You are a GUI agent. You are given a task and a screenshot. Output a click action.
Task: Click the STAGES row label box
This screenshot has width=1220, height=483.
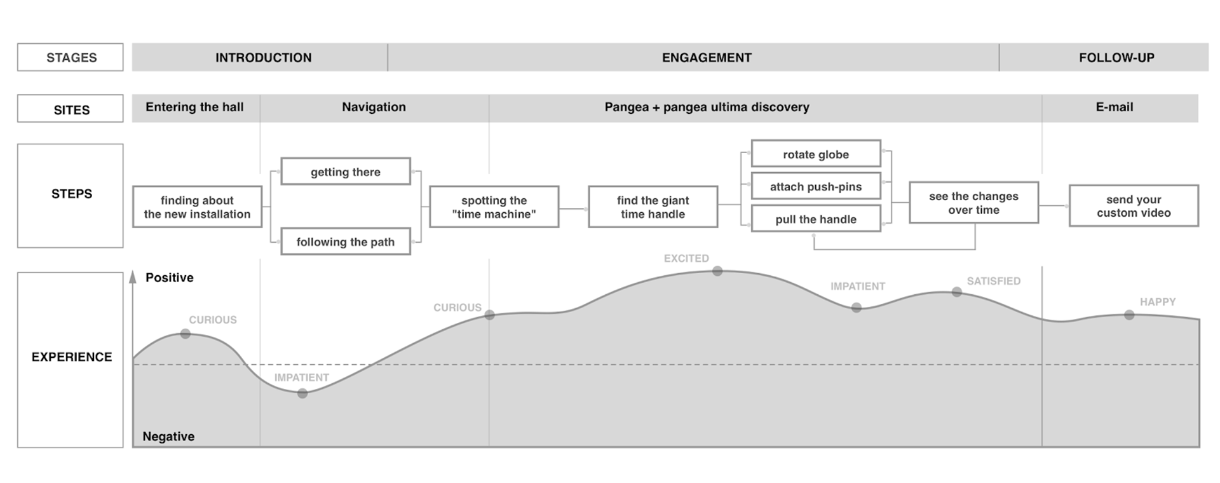[71, 57]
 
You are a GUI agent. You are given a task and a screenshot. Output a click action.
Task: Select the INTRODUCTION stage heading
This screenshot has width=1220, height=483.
[263, 57]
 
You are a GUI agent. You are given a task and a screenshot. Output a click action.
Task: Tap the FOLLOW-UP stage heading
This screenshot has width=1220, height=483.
[1116, 57]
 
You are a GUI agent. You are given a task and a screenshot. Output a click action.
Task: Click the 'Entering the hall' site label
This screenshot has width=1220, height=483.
[194, 107]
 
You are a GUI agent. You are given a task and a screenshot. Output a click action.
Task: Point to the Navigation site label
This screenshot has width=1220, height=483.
[374, 107]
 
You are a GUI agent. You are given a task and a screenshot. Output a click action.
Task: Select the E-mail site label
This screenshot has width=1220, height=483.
[1114, 107]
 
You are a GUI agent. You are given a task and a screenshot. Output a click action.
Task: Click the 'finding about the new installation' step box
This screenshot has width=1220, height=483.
[197, 207]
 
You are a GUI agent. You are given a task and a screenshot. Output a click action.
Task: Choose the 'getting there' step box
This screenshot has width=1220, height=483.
[346, 172]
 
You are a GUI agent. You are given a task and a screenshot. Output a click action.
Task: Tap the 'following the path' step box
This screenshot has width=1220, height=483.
[346, 241]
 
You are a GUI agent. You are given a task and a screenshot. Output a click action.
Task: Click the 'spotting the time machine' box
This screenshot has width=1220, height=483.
[494, 207]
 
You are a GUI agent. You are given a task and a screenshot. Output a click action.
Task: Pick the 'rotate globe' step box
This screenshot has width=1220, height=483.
[816, 154]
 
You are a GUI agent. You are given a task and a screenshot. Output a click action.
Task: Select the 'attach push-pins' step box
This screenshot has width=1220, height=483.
[816, 186]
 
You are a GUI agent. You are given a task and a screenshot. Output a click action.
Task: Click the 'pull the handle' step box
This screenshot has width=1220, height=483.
[816, 219]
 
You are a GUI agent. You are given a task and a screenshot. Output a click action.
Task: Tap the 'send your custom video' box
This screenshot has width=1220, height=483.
[1134, 206]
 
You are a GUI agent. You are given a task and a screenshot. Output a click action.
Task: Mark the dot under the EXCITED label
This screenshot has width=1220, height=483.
[717, 271]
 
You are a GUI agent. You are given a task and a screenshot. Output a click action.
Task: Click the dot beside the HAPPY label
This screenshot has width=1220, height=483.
[1129, 315]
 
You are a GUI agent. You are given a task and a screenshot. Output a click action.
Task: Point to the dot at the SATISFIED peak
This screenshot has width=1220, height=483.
[957, 292]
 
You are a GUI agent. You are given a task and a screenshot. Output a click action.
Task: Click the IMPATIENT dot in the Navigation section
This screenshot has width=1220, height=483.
[302, 393]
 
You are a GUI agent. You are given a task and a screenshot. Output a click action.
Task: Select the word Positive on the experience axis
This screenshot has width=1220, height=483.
[169, 277]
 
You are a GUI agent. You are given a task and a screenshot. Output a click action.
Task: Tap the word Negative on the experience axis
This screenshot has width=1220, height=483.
[168, 436]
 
